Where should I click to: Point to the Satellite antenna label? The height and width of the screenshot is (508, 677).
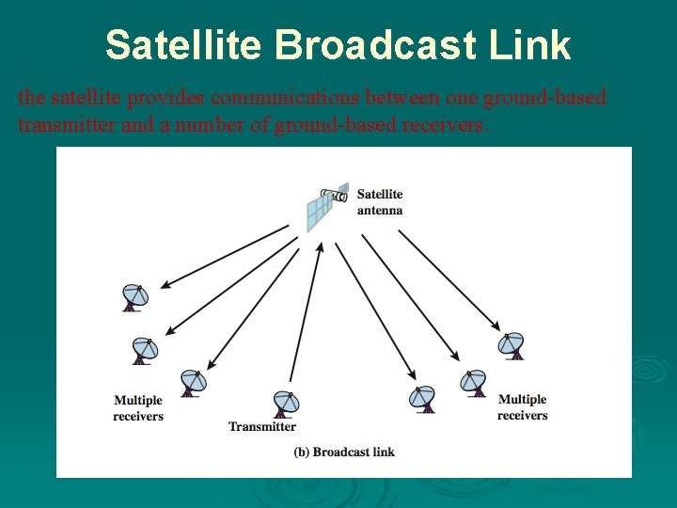click(x=380, y=202)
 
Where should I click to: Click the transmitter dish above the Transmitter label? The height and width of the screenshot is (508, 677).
click(x=285, y=405)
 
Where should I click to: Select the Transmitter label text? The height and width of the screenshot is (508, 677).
click(x=262, y=427)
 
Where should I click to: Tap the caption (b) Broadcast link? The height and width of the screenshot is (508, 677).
click(x=344, y=452)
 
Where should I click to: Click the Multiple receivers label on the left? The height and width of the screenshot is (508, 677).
click(x=138, y=408)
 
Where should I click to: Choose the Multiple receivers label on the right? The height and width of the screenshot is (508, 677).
click(x=522, y=407)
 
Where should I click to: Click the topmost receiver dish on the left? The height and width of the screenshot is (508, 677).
click(x=134, y=297)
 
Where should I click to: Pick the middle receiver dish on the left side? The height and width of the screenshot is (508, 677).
click(x=144, y=350)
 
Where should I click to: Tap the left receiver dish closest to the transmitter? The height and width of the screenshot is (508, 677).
click(x=193, y=382)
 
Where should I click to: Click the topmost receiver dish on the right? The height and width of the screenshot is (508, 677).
click(x=512, y=345)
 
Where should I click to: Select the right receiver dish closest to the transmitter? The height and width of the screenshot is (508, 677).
click(x=422, y=399)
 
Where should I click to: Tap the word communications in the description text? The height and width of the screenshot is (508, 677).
click(x=288, y=97)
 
